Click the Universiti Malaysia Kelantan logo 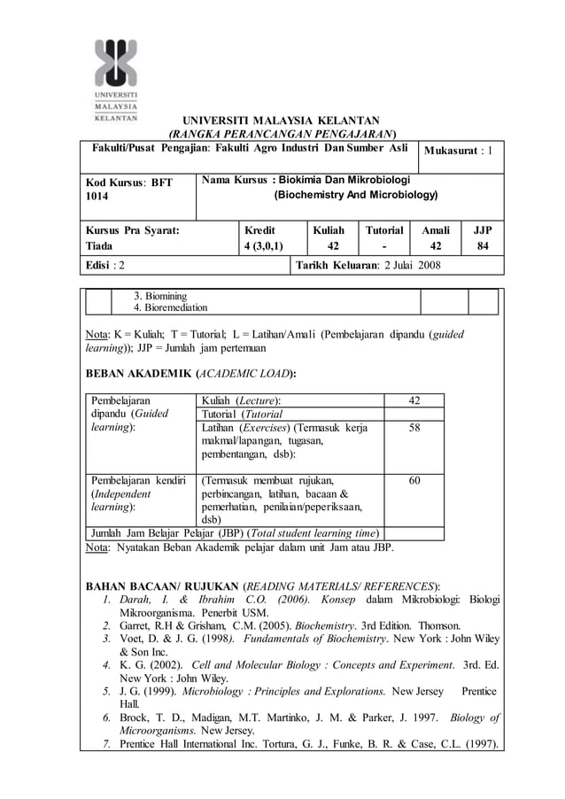(115, 79)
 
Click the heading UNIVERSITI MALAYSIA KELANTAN (281, 120)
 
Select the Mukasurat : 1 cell (459, 151)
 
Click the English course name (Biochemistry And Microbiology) (356, 194)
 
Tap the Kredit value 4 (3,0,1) (263, 245)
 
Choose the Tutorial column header (384, 229)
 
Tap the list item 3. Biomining (159, 295)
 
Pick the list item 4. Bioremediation (170, 307)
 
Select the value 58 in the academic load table (414, 428)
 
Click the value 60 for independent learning (414, 481)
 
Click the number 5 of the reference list (104, 691)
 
